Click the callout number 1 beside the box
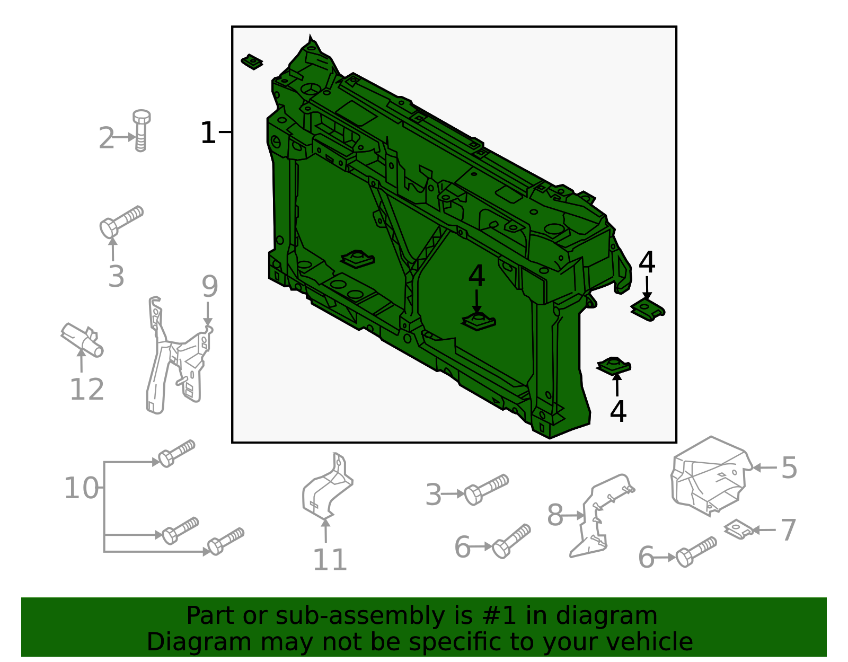[208, 133]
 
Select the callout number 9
[209, 287]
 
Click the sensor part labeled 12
[82, 339]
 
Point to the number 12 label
[87, 390]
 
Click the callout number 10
[81, 488]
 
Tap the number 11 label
[330, 560]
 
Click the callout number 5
[789, 468]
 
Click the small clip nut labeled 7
[738, 529]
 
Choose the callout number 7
[789, 530]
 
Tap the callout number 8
[555, 515]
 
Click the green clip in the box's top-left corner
[252, 62]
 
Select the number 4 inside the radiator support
[476, 277]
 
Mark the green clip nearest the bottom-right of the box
[614, 366]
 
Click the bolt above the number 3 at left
[121, 222]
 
